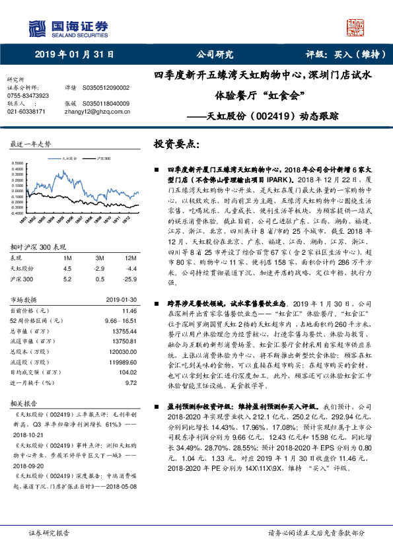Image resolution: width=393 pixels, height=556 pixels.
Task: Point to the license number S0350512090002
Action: click(106, 87)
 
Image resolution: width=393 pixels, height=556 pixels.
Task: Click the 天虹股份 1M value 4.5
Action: click(67, 269)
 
